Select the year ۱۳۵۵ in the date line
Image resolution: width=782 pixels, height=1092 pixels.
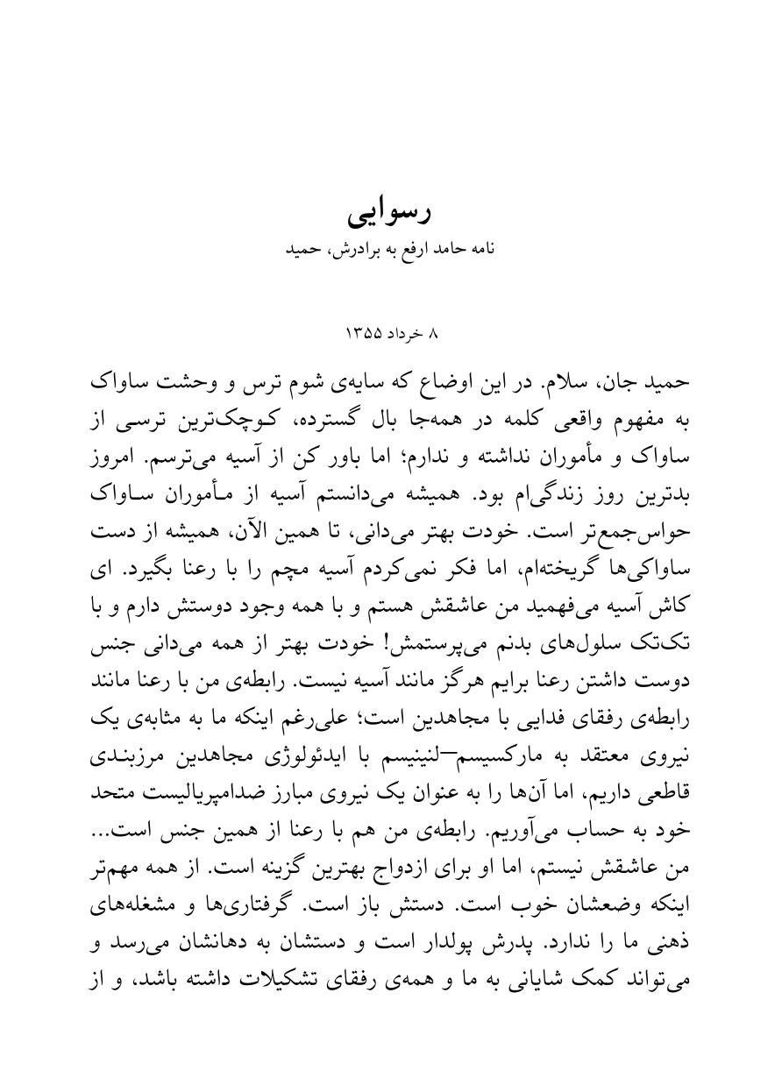click(x=366, y=334)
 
